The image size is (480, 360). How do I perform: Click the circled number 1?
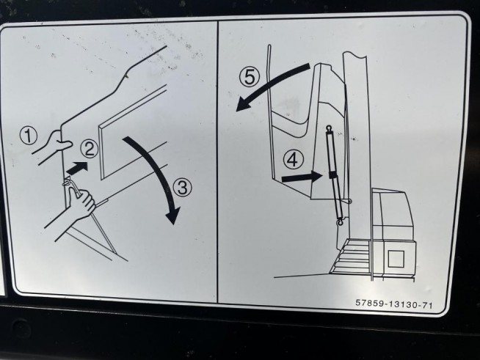pos(29,136)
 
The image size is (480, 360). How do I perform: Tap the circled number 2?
pos(89,150)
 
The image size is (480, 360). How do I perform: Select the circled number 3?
pos(183,187)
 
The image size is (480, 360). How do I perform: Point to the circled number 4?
pos(293,160)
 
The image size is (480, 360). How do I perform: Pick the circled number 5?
pos(250,76)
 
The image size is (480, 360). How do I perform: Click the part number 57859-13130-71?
pos(394,304)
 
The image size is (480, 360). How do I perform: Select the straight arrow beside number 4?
pos(302,176)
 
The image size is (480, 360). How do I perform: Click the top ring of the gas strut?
pos(329,128)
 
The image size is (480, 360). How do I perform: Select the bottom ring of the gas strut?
pos(340,223)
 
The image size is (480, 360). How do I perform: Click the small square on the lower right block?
pos(396,259)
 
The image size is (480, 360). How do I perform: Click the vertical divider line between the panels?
pos(217,161)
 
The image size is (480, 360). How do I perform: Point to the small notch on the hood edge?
pos(127,76)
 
